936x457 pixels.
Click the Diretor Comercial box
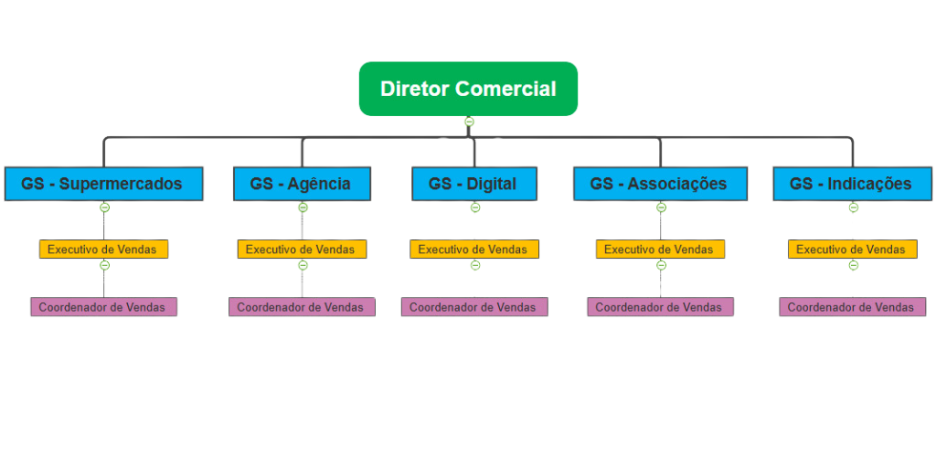pyautogui.click(x=468, y=89)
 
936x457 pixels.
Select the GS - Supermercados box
pyautogui.click(x=102, y=184)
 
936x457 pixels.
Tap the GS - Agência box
pyautogui.click(x=302, y=184)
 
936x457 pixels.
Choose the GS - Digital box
pyautogui.click(x=473, y=184)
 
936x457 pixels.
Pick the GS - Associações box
pyautogui.click(x=659, y=184)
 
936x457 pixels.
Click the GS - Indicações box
pyautogui.click(x=851, y=184)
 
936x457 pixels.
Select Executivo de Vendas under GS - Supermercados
pyautogui.click(x=103, y=249)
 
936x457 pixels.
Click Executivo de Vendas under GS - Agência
pyautogui.click(x=302, y=249)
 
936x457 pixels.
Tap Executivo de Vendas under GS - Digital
pyautogui.click(x=473, y=249)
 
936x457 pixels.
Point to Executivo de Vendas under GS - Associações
pyautogui.click(x=659, y=249)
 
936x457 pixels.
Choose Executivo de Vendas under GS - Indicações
pyautogui.click(x=852, y=249)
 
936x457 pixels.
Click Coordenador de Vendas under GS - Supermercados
pyautogui.click(x=103, y=307)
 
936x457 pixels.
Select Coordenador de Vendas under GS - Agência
pyautogui.click(x=302, y=307)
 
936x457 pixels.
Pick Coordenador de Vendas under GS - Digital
pyautogui.click(x=473, y=307)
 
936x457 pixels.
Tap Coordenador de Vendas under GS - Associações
pyautogui.click(x=659, y=307)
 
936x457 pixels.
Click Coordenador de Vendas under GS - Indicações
pyautogui.click(x=852, y=307)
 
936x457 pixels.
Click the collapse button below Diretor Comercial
pyautogui.click(x=469, y=122)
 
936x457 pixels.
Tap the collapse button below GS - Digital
pyautogui.click(x=474, y=207)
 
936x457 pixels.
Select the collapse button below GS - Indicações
pyautogui.click(x=853, y=207)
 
